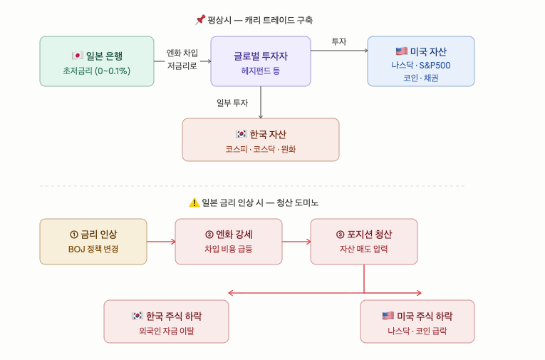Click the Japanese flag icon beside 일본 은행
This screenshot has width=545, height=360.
77,56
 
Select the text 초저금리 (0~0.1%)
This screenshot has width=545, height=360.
97,71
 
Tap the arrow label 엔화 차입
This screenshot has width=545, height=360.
182,53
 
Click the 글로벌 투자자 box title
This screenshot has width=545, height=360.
261,56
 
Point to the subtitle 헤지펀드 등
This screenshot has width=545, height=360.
261,71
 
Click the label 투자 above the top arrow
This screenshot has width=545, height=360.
339,41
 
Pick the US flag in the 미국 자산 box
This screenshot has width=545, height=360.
402,51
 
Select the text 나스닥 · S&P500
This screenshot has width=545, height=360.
421,65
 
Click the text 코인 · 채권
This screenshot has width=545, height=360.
420,78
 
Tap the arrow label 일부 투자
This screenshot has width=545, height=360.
232,103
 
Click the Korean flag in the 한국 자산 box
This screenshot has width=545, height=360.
242,134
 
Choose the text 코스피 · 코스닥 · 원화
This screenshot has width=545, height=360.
261,149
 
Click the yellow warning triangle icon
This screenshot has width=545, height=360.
194,202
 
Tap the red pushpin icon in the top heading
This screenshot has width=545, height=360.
200,20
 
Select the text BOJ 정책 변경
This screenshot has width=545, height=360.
93,249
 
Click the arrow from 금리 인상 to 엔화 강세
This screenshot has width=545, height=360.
161,242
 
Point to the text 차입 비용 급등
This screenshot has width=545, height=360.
229,249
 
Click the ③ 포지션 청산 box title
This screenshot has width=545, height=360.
364,235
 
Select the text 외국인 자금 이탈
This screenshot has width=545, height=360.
167,331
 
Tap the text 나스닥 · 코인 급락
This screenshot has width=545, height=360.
417,331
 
